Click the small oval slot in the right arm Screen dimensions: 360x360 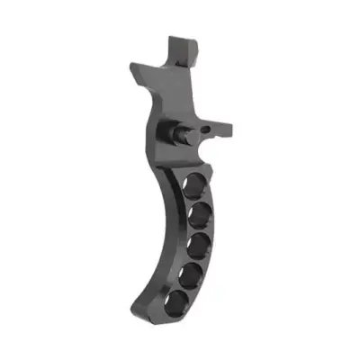click(210, 130)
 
